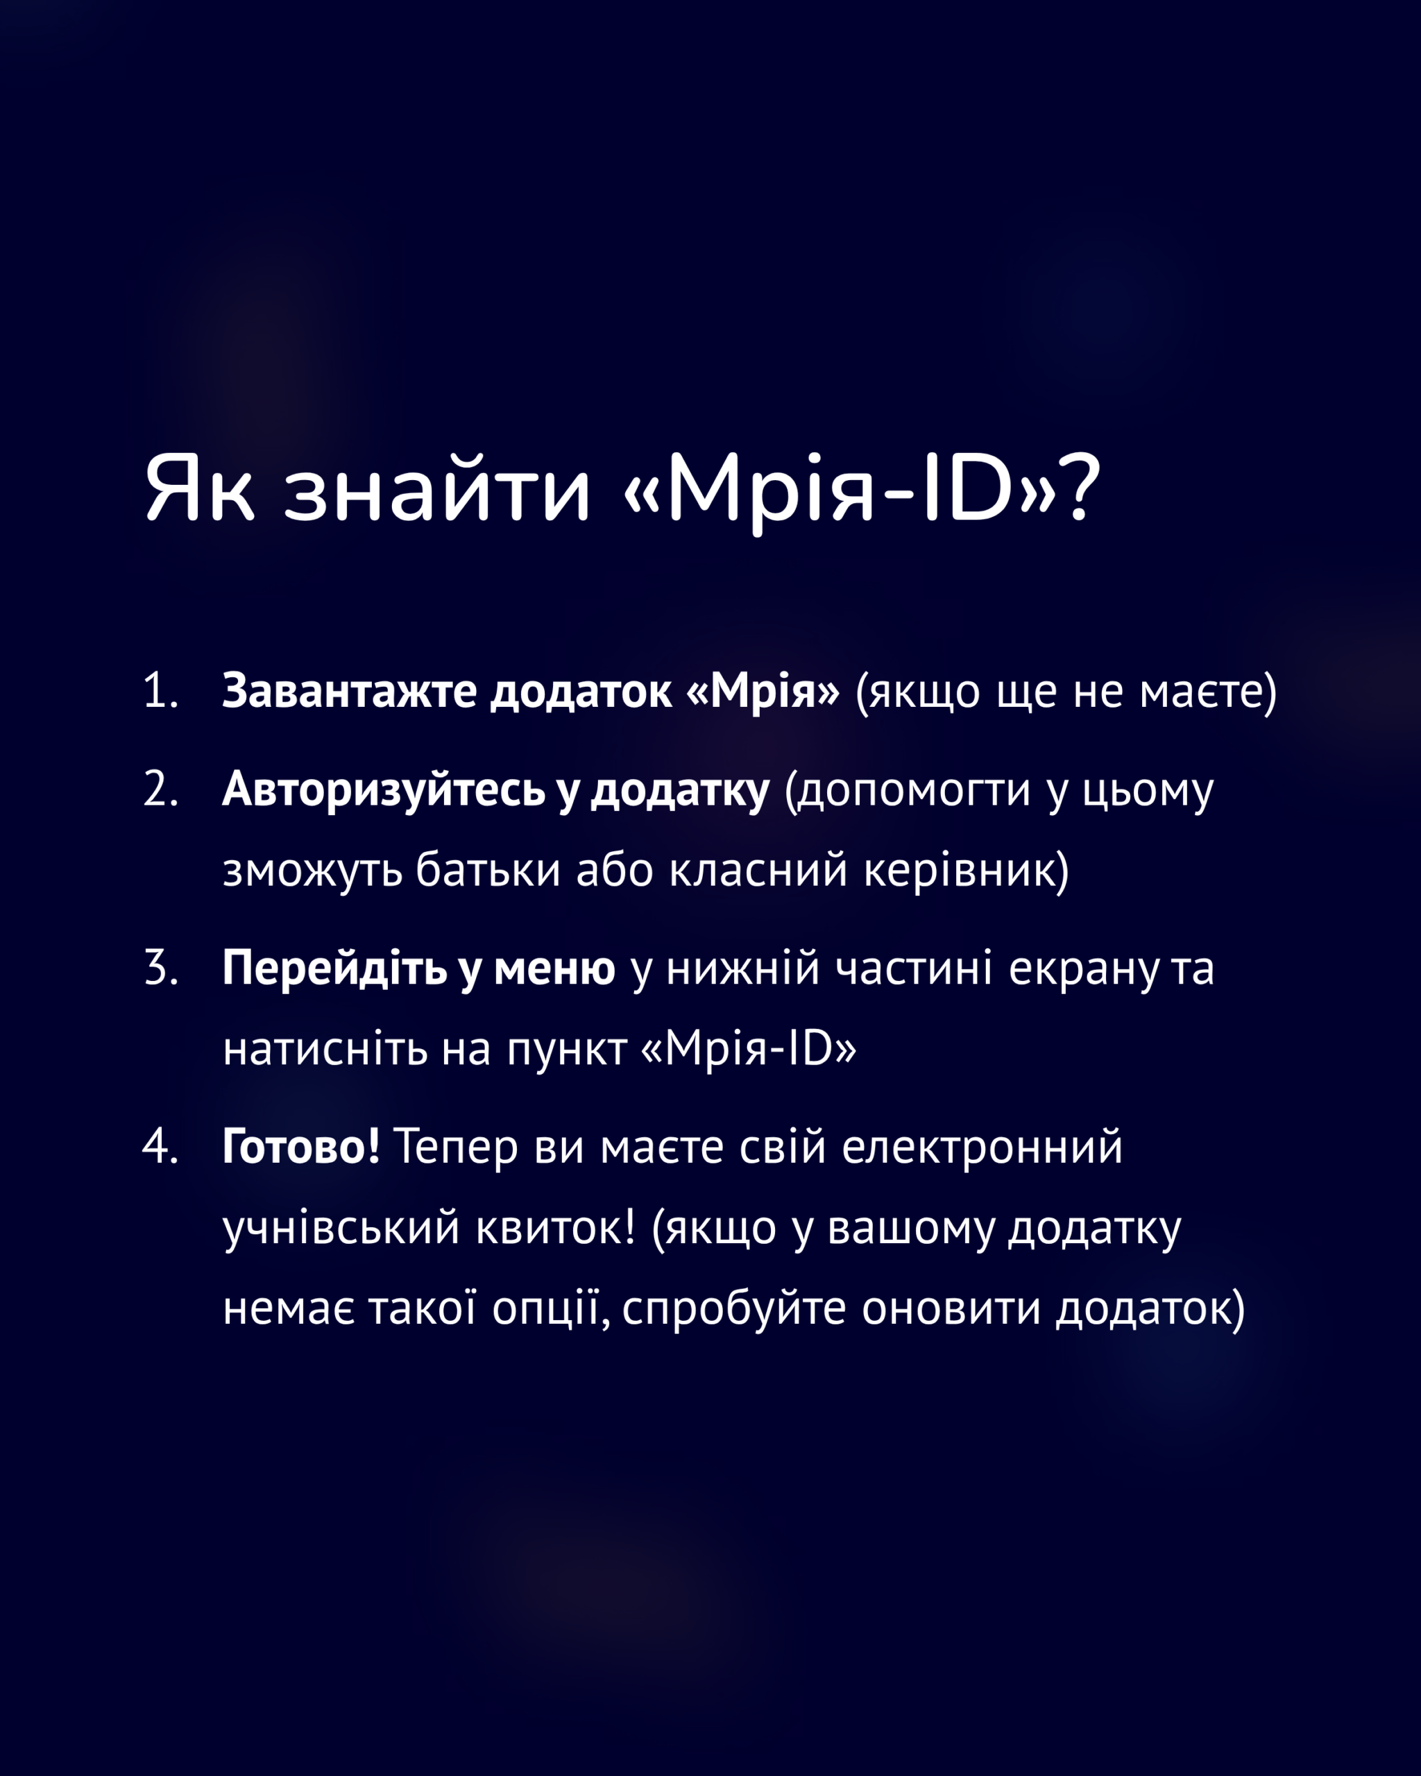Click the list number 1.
pyautogui.click(x=160, y=690)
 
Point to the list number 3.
pyautogui.click(x=161, y=967)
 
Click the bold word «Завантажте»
pyautogui.click(x=349, y=690)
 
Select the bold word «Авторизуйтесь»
pyautogui.click(x=384, y=789)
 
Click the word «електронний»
pyautogui.click(x=982, y=1147)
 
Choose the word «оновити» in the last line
pyautogui.click(x=951, y=1309)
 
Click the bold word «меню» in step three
pyautogui.click(x=554, y=968)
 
